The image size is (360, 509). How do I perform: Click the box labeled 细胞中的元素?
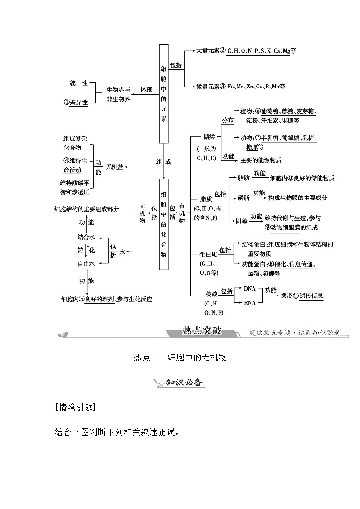164,94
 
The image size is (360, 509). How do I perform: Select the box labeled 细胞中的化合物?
164,224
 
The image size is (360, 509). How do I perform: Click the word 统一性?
78,83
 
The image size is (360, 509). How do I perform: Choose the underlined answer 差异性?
78,103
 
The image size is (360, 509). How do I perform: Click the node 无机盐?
114,167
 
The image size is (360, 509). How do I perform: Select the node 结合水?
86,237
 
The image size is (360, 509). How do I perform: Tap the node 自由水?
86,263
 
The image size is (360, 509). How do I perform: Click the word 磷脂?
243,198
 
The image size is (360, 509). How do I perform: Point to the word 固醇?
241,221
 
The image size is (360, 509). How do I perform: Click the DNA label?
250,288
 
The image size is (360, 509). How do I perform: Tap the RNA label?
250,302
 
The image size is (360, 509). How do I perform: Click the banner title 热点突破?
201,330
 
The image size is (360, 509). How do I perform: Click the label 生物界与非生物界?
118,94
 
